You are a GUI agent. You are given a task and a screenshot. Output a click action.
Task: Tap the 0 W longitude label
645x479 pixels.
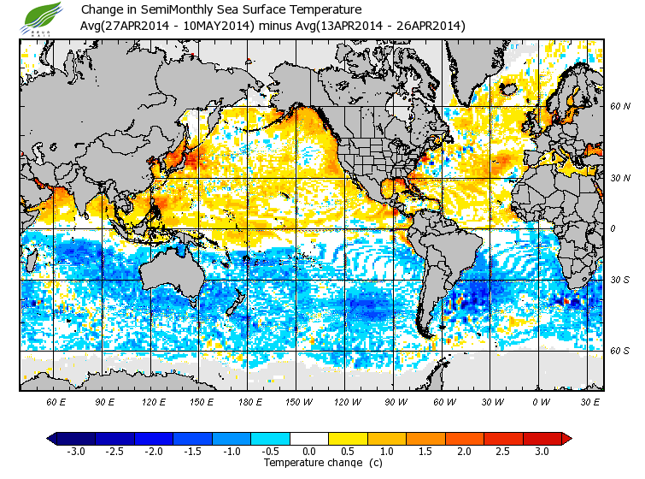[x=542, y=401]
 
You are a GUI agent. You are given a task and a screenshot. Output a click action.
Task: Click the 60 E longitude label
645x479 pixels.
[x=56, y=401]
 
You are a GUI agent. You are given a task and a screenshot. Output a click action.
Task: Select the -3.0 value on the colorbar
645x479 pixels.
[x=75, y=451]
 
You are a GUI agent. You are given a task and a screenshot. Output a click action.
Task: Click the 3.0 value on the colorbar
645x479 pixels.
[x=542, y=451]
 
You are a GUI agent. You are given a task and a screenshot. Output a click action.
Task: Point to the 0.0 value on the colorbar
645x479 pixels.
[x=309, y=451]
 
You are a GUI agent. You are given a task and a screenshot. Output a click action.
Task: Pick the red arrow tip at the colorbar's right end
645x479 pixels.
[x=566, y=439]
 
